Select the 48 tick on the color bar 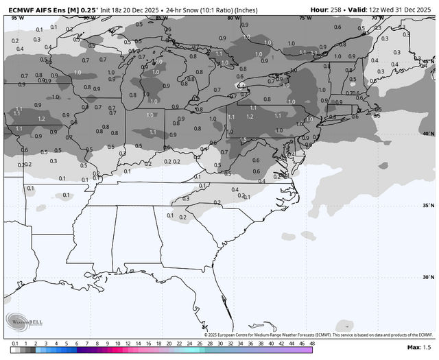coord(311,343)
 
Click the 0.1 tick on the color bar coord(14,343)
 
